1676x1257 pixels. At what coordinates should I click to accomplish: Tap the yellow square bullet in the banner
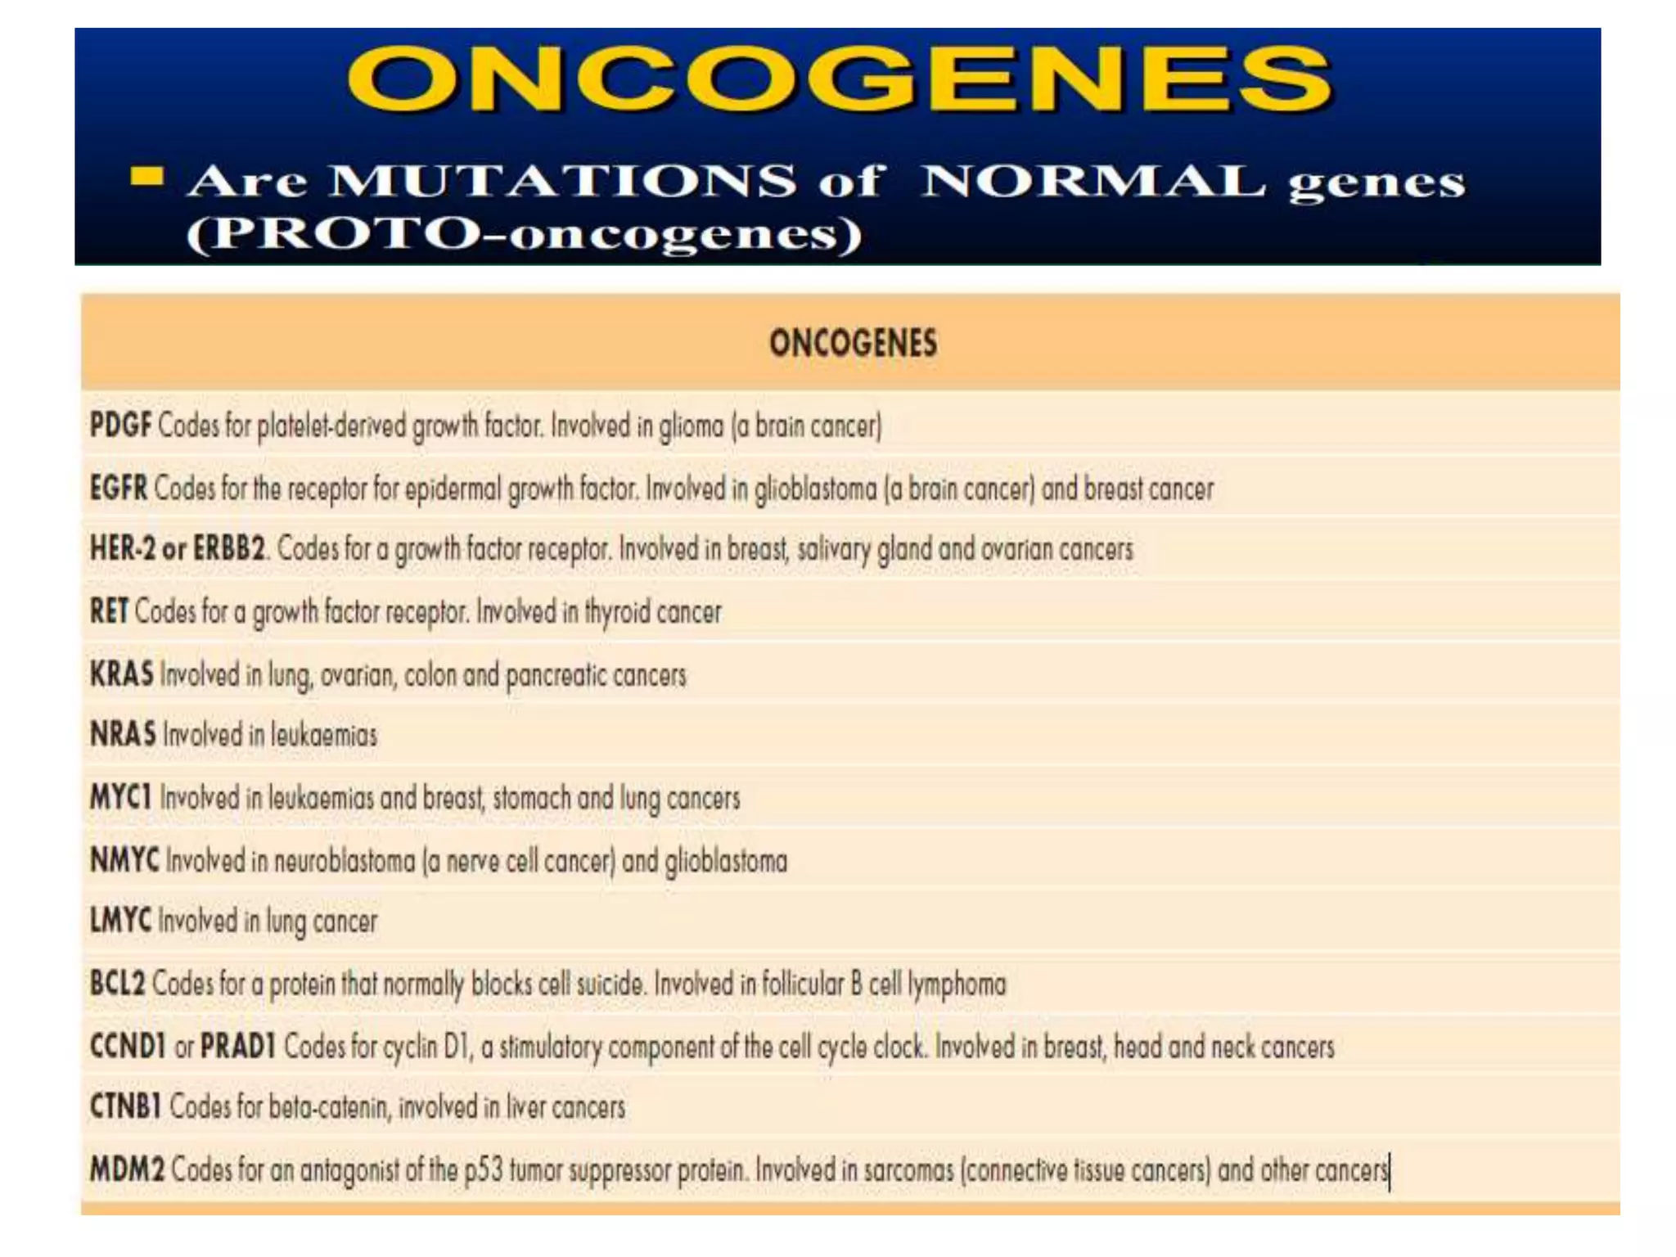point(147,176)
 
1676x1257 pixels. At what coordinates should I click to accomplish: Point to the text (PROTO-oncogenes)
point(525,234)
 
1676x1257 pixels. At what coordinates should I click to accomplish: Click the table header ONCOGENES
point(853,343)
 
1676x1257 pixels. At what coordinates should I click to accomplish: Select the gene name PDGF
point(120,426)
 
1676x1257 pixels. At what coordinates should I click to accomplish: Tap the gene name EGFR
point(119,489)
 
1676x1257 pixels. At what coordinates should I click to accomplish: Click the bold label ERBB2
point(229,548)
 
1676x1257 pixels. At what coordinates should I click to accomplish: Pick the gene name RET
point(109,611)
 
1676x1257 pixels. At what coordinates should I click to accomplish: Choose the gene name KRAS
point(121,674)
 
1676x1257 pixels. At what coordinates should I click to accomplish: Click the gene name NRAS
point(123,734)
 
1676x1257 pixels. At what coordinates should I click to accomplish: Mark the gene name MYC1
point(121,797)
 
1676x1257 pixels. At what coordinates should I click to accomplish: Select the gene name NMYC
point(124,860)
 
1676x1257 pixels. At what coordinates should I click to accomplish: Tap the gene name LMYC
point(120,921)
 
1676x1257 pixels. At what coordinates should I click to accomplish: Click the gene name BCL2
point(117,983)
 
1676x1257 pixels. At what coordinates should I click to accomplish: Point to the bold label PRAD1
point(238,1046)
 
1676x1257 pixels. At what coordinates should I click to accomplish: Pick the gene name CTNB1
point(125,1106)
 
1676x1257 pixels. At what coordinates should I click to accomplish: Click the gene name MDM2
point(127,1169)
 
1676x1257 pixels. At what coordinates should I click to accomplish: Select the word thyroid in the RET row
point(617,612)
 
